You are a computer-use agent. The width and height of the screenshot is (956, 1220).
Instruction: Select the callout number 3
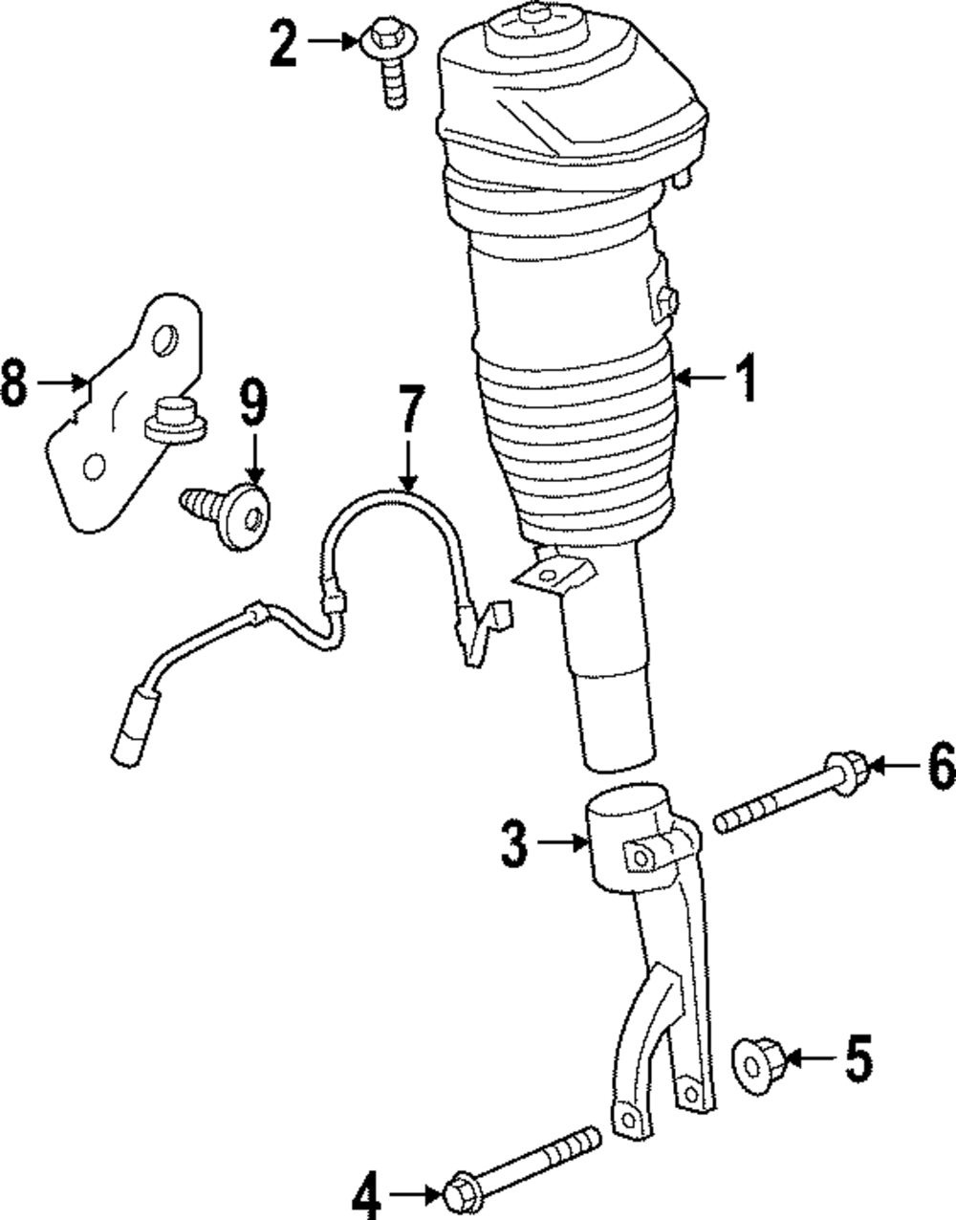pyautogui.click(x=514, y=843)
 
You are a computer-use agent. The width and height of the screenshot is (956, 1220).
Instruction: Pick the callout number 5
pyautogui.click(x=858, y=1058)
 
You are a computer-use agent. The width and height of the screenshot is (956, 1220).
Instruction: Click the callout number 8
pyautogui.click(x=14, y=382)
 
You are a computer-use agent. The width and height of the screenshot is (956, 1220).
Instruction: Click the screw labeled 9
pyautogui.click(x=234, y=513)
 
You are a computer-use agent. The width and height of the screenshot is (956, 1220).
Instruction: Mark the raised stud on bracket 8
pyautogui.click(x=172, y=421)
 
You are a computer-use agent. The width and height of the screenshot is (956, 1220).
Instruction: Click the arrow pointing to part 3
pyautogui.click(x=560, y=842)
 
